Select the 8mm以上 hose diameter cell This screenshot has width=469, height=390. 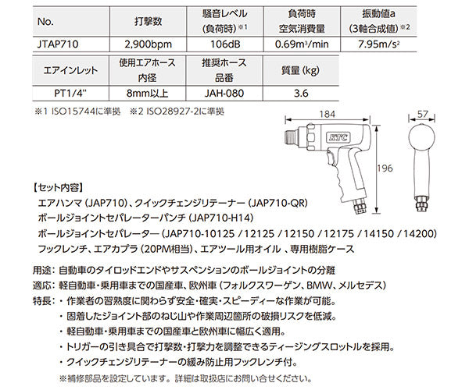pos(148,94)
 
